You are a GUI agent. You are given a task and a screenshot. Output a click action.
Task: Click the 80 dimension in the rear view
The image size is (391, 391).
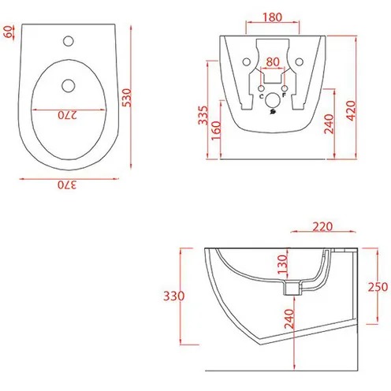coord(272,61)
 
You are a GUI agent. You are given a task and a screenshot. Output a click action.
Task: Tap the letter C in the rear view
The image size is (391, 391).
coord(261,97)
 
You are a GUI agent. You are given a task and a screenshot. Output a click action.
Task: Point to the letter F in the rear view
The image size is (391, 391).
coord(284,97)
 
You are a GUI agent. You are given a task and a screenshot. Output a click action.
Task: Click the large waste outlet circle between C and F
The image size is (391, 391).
coord(273,100)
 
